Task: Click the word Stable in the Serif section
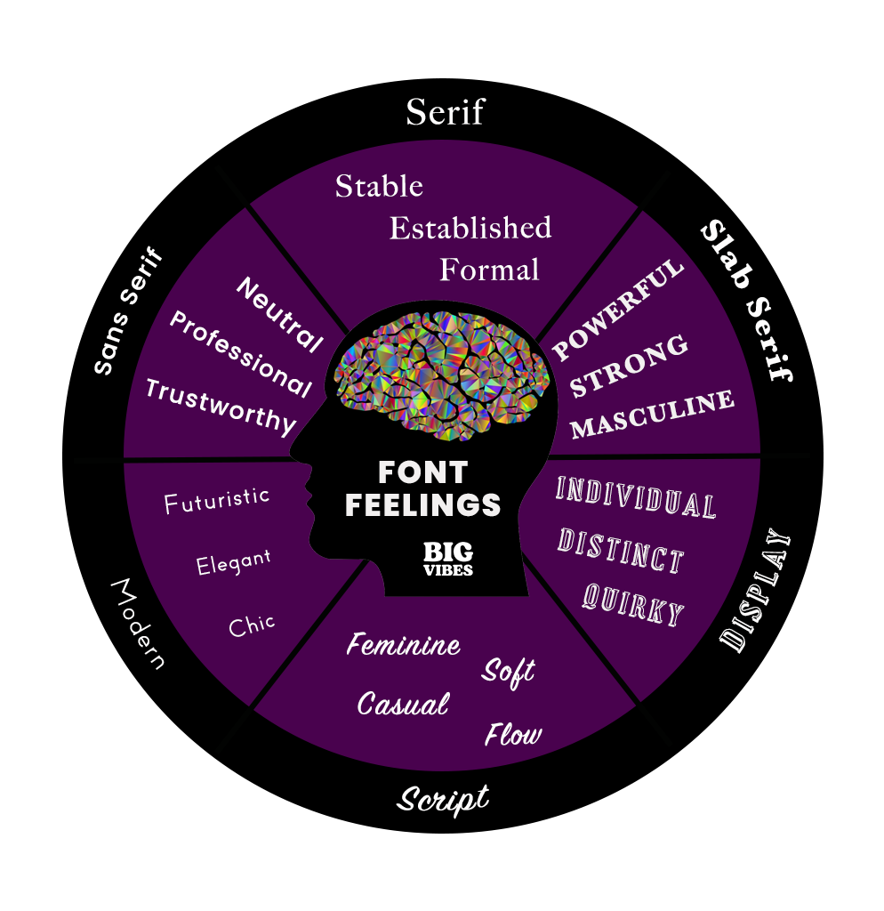pyautogui.click(x=379, y=187)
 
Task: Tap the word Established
pyautogui.click(x=470, y=229)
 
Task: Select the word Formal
pyautogui.click(x=490, y=269)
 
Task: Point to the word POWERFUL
pyautogui.click(x=618, y=310)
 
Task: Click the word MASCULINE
pyautogui.click(x=653, y=415)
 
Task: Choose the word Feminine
pyautogui.click(x=404, y=644)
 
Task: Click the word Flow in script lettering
pyautogui.click(x=513, y=735)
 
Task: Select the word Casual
pyautogui.click(x=403, y=705)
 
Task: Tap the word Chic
pyautogui.click(x=252, y=625)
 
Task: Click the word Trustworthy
pyautogui.click(x=221, y=406)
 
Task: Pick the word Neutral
pyautogui.click(x=279, y=314)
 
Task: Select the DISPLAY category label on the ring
pyautogui.click(x=755, y=592)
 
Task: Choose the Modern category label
pyautogui.click(x=137, y=624)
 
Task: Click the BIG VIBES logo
pyautogui.click(x=448, y=559)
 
